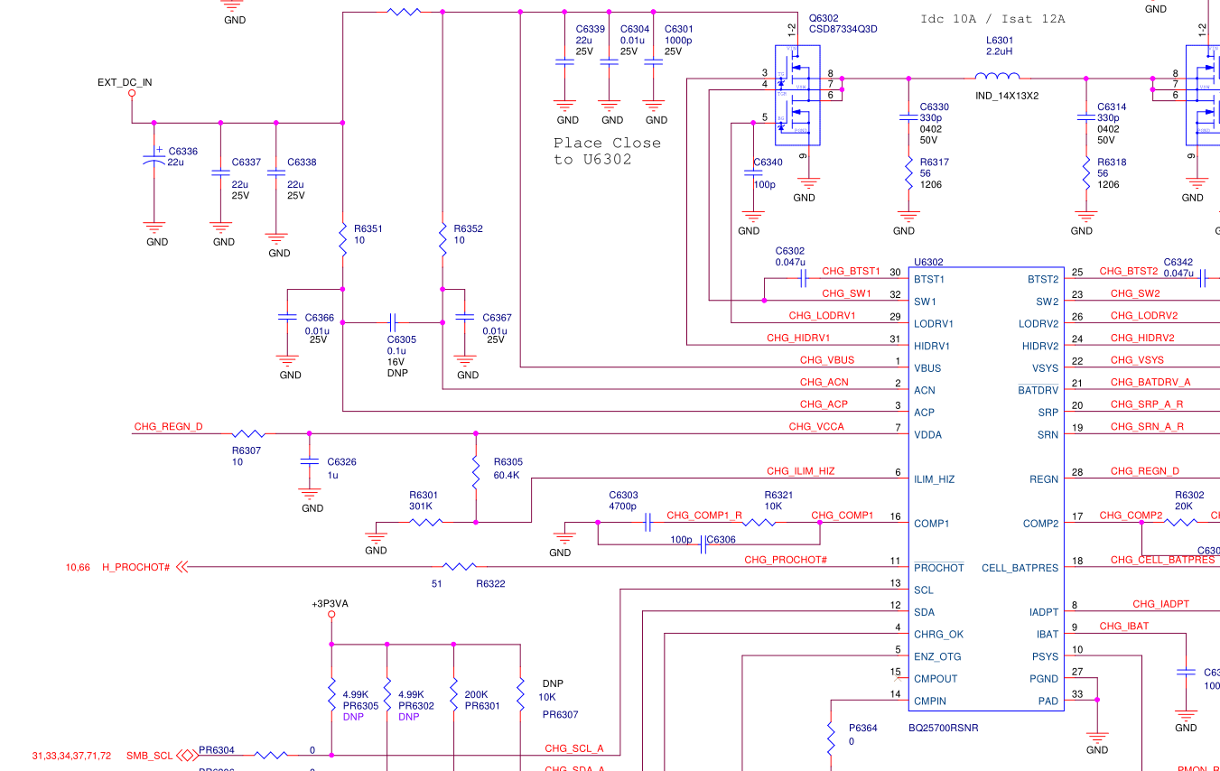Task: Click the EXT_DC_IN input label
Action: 125,82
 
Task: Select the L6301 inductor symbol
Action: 998,78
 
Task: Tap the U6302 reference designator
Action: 929,262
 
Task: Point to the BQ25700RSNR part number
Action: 944,728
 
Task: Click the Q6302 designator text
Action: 824,18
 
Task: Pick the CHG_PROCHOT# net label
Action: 786,560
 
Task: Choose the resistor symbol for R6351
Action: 343,239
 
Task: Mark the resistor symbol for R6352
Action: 442,239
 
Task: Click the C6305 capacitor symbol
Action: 392,322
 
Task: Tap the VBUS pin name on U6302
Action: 927,368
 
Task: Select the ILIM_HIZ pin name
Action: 936,479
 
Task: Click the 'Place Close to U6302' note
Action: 607,151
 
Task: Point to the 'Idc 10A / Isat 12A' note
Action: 992,19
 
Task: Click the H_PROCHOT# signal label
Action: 136,567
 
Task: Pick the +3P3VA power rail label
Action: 331,603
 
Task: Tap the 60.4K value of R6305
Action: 508,475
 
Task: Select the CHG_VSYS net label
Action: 1137,360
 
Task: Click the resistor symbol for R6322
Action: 461,567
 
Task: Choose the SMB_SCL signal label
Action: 150,756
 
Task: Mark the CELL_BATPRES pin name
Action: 1020,568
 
